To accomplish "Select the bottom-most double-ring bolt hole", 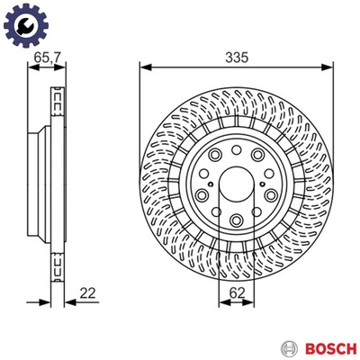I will click(236, 220).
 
